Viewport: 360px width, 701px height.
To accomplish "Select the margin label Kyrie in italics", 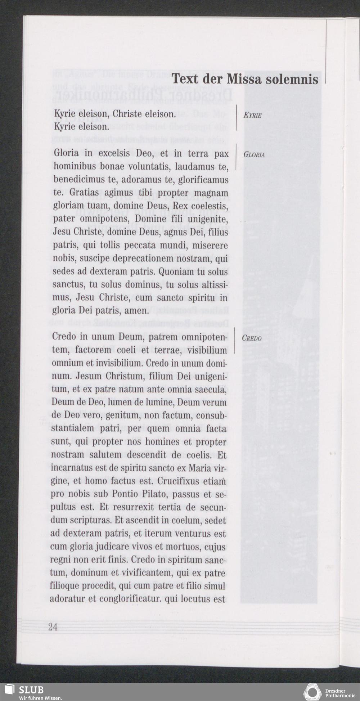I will tap(252, 115).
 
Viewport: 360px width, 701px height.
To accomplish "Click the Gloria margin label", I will tap(254, 155).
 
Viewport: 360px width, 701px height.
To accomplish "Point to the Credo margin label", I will tap(252, 338).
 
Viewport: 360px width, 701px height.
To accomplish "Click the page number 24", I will tap(53, 627).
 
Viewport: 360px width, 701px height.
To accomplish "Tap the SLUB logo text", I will tap(31, 689).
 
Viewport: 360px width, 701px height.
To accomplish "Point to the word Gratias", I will tap(85, 193).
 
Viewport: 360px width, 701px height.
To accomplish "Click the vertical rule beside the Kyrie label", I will tap(236, 117).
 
